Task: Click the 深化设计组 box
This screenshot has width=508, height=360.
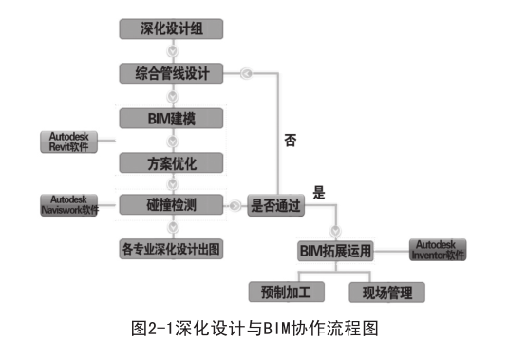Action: tap(171, 28)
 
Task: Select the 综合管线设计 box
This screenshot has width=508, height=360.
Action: tap(171, 72)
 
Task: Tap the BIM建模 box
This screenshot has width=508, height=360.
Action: tap(171, 118)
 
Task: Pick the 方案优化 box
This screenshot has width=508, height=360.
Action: tap(171, 161)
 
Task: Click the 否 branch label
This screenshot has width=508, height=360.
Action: tap(290, 141)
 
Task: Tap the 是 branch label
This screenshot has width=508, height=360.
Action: tap(318, 190)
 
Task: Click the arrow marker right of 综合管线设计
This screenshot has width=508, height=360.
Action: tap(245, 72)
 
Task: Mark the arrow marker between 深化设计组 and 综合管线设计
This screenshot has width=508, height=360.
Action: tap(171, 50)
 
